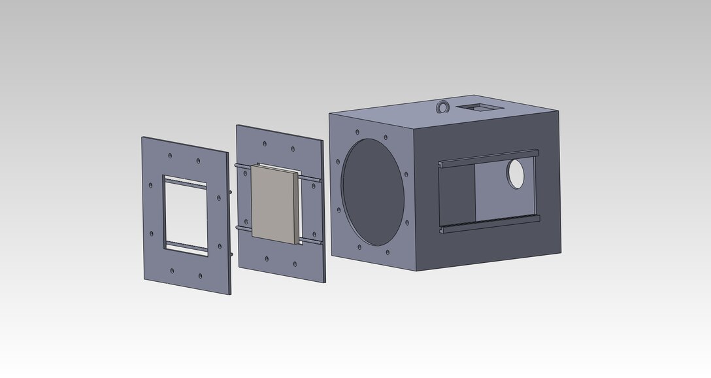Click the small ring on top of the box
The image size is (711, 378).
point(444,106)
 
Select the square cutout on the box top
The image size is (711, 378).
point(479,107)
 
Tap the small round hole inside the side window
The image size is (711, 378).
point(516,174)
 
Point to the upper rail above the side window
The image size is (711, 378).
point(490,157)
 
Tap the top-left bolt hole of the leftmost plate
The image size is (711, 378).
point(169,156)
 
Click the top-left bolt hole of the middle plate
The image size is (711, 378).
point(263,143)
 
